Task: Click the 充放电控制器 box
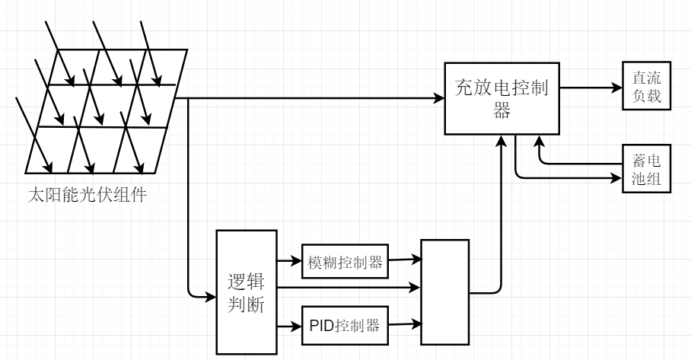point(502,97)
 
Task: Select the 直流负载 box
point(647,86)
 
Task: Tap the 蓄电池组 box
point(647,168)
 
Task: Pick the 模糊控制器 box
point(345,262)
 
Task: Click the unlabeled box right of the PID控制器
point(446,291)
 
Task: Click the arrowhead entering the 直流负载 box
point(617,87)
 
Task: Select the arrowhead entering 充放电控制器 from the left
point(440,98)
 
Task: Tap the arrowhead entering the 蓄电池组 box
point(617,179)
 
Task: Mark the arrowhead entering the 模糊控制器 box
point(297,261)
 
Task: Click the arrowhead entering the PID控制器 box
point(297,328)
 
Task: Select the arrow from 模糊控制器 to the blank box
point(404,260)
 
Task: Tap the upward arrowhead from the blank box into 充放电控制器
point(502,140)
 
